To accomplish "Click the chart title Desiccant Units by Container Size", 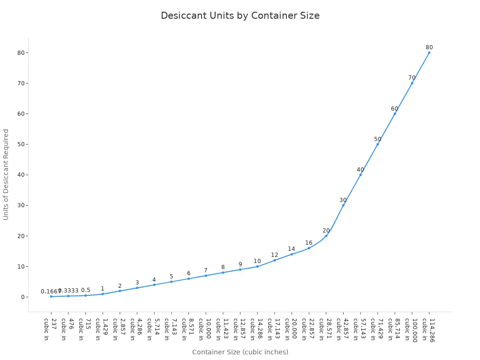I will (x=240, y=15).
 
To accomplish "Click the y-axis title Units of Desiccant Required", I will (x=6, y=174).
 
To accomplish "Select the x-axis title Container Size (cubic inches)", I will (x=240, y=352).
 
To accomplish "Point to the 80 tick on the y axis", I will (x=21, y=52).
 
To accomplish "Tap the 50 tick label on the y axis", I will (x=21, y=144).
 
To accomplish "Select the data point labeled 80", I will (x=429, y=52).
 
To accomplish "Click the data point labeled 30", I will (x=343, y=205).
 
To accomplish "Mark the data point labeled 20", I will (x=326, y=236).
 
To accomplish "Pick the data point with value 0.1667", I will (x=51, y=296).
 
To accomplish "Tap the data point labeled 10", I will (x=257, y=266).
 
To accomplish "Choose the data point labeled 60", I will (x=395, y=113).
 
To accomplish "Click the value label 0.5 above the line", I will (x=85, y=290).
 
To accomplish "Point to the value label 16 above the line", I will (x=309, y=243).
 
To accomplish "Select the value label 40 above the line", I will (x=360, y=170).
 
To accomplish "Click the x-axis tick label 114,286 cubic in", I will (x=428, y=330).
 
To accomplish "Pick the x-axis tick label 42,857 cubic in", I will (x=343, y=329).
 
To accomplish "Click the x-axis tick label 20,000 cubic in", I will (x=291, y=329).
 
